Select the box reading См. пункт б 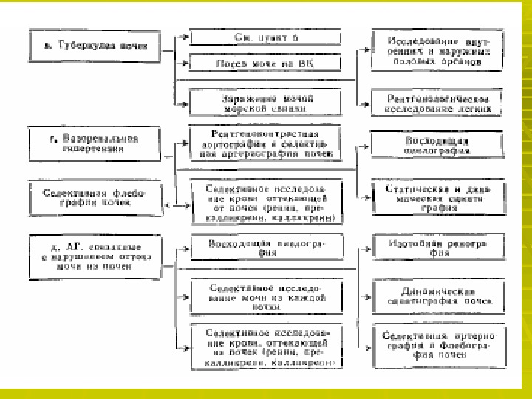(265, 37)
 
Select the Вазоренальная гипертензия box (94, 143)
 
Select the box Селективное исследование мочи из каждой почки (265, 295)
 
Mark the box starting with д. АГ (94, 256)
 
